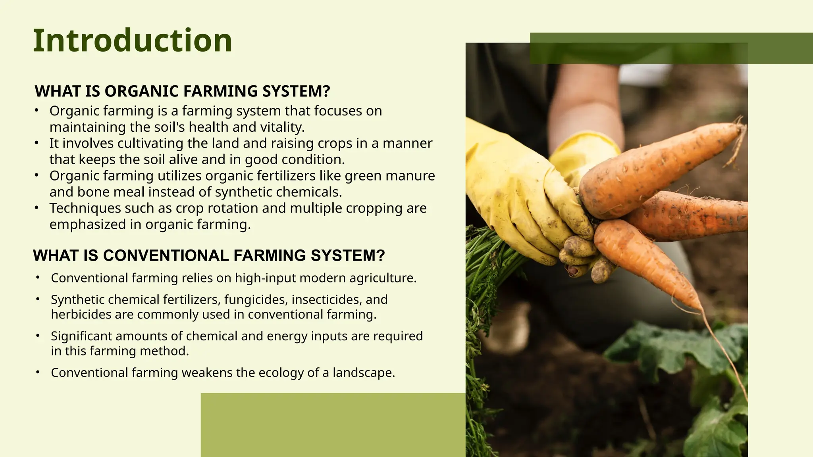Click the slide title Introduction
(x=132, y=40)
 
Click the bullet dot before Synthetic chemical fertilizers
(x=38, y=299)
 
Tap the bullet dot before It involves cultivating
(x=37, y=143)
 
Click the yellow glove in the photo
(x=516, y=190)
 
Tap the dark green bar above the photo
(x=671, y=48)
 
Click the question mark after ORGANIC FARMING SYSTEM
(x=326, y=91)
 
